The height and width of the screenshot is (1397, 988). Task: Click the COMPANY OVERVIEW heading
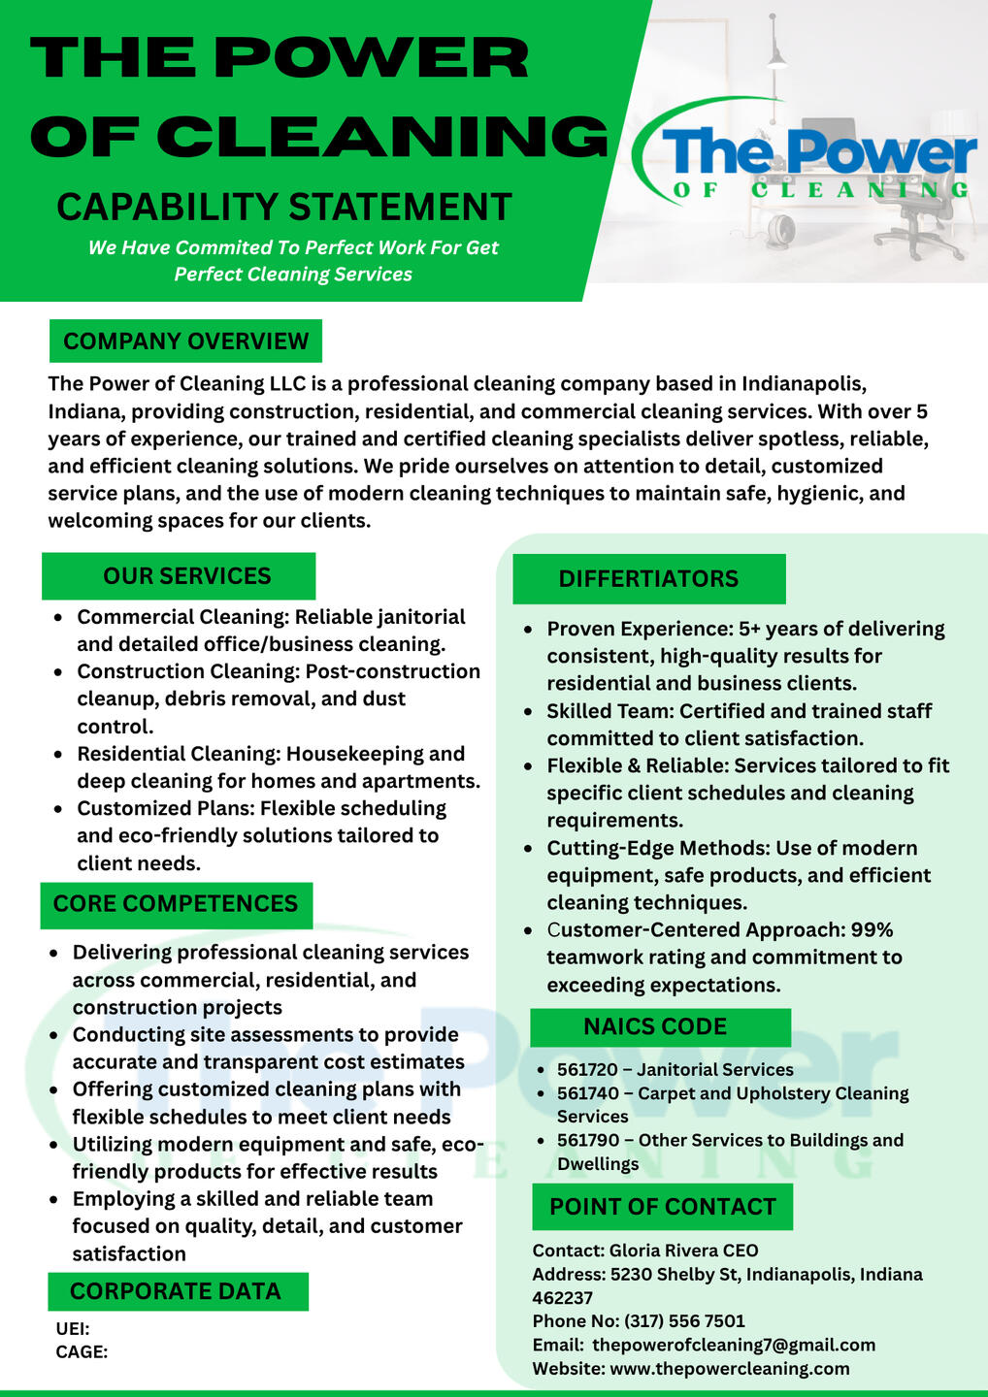point(185,341)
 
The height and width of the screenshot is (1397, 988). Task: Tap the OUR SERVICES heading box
point(186,576)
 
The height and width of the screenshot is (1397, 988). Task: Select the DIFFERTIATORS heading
point(648,579)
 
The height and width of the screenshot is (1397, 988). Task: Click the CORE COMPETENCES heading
point(176,904)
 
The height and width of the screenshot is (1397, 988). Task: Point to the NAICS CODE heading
point(655,1026)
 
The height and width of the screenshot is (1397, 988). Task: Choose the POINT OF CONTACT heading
point(663,1207)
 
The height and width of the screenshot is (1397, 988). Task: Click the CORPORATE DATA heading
point(176,1291)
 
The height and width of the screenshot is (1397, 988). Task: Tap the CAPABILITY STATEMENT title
point(284,208)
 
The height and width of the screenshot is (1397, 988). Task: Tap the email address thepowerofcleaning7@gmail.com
point(734,1345)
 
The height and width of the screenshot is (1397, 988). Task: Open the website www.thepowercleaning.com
point(729,1369)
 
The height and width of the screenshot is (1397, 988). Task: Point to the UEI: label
point(73,1329)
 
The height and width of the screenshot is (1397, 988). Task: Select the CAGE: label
point(82,1352)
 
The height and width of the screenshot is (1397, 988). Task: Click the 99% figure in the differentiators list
point(872,930)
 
